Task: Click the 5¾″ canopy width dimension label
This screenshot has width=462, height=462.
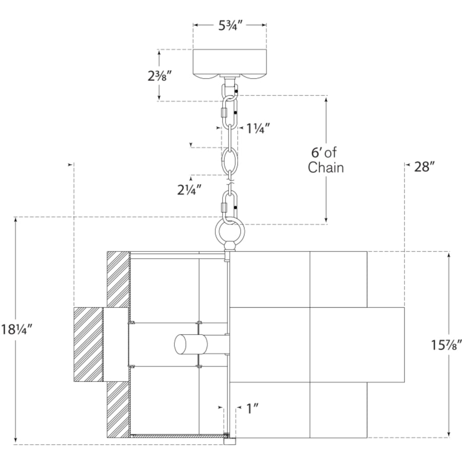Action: [x=230, y=26]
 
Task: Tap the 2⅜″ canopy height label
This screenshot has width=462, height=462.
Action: [x=160, y=76]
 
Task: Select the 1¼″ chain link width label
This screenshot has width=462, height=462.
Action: [x=258, y=128]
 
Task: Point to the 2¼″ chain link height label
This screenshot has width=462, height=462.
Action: [x=189, y=190]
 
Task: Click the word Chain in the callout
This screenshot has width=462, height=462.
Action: [x=326, y=167]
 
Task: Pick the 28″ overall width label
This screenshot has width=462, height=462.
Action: [x=425, y=167]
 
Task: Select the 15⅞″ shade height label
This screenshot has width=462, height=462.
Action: [x=446, y=345]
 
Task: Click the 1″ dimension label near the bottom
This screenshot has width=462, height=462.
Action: [x=252, y=409]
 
